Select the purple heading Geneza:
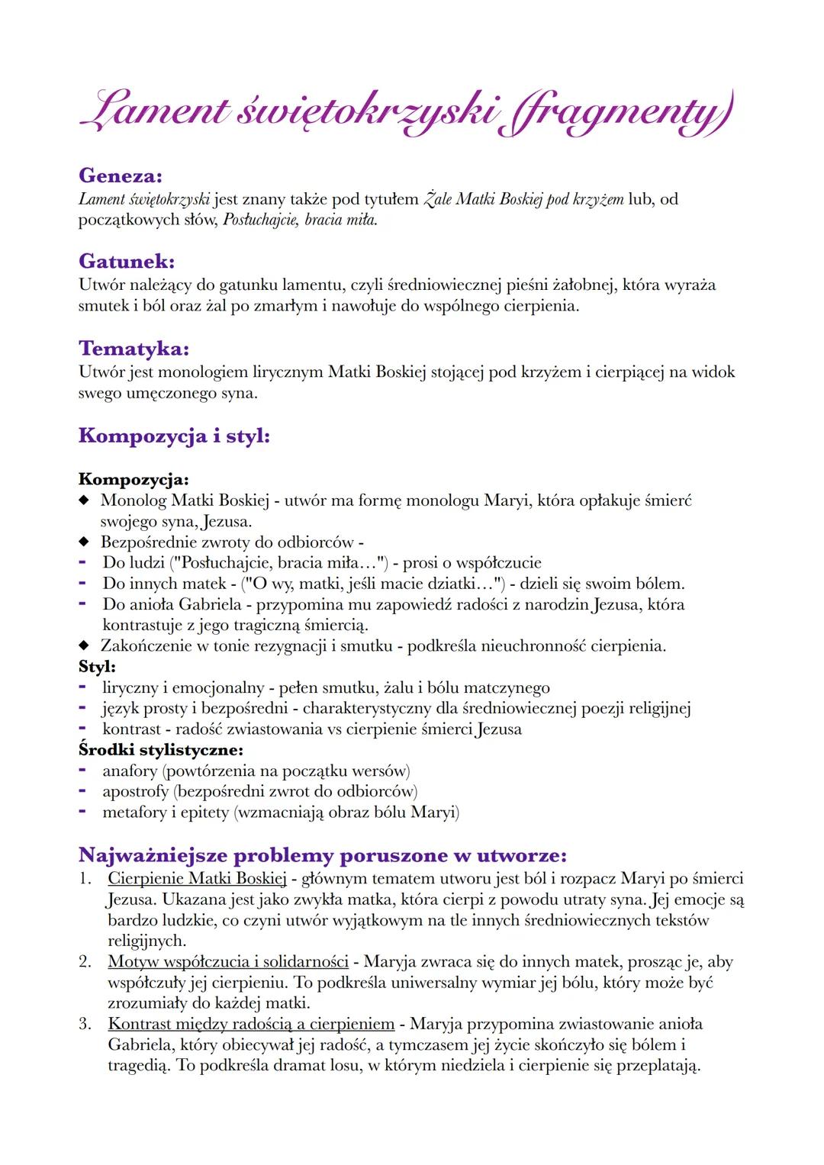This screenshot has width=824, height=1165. tap(121, 175)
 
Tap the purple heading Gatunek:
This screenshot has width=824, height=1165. tap(127, 262)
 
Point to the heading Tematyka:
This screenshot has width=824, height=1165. tap(134, 349)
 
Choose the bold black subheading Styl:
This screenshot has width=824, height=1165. tap(98, 666)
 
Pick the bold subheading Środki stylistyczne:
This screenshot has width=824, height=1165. tap(161, 749)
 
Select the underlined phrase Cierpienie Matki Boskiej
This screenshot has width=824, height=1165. tap(197, 878)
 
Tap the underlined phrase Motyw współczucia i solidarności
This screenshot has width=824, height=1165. tap(228, 961)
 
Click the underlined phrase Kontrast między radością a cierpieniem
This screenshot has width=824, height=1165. tap(251, 1024)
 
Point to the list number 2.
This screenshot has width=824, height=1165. tap(85, 961)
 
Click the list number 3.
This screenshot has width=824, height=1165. tap(85, 1024)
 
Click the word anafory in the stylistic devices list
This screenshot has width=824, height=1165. tap(130, 771)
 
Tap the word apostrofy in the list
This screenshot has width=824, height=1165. tap(135, 791)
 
